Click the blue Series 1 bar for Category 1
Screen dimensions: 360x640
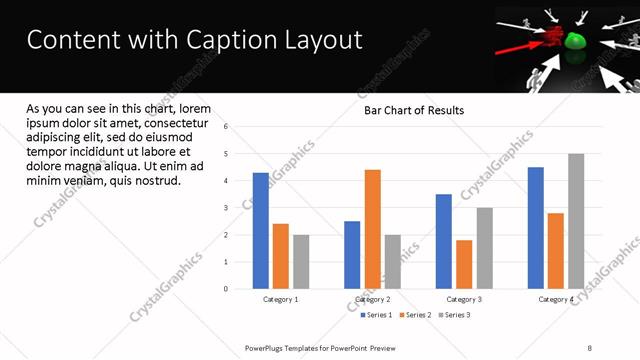260,231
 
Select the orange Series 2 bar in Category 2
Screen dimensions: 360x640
372,229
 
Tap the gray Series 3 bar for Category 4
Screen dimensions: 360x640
576,221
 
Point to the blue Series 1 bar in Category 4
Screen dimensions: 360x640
536,228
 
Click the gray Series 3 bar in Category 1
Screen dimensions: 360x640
301,262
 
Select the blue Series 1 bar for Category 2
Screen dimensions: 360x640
352,255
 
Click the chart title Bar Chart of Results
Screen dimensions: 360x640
414,110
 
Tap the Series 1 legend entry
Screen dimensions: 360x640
378,315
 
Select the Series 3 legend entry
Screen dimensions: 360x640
455,315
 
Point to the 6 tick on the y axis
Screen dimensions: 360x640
227,127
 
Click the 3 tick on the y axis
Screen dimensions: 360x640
227,208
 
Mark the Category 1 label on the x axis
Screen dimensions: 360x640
281,299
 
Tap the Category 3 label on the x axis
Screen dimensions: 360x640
464,299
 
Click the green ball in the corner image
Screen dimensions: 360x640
575,42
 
